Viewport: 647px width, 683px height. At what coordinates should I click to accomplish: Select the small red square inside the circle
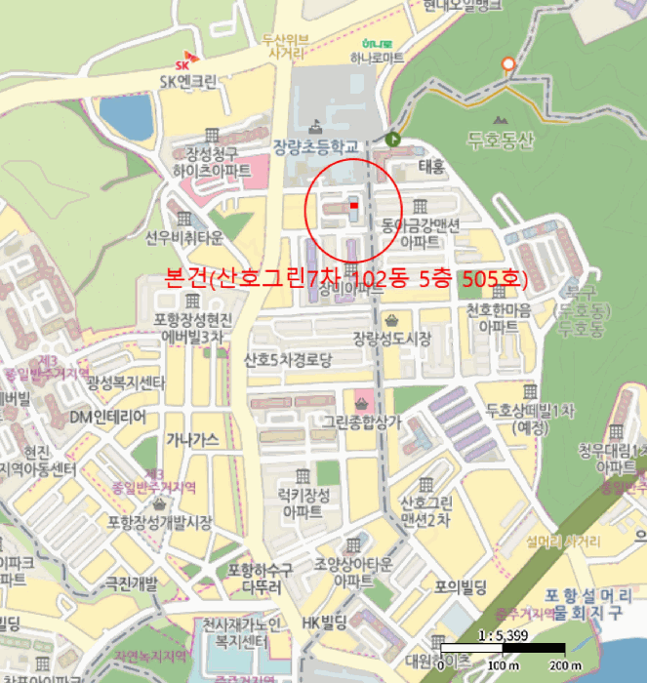pyautogui.click(x=353, y=205)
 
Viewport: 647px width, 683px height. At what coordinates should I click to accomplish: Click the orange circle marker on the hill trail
pyautogui.click(x=506, y=64)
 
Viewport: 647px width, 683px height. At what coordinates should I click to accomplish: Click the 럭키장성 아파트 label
pyautogui.click(x=304, y=502)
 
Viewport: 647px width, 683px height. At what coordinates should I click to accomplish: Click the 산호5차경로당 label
pyautogui.click(x=289, y=359)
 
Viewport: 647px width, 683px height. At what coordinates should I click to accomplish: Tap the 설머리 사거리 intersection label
pyautogui.click(x=562, y=541)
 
